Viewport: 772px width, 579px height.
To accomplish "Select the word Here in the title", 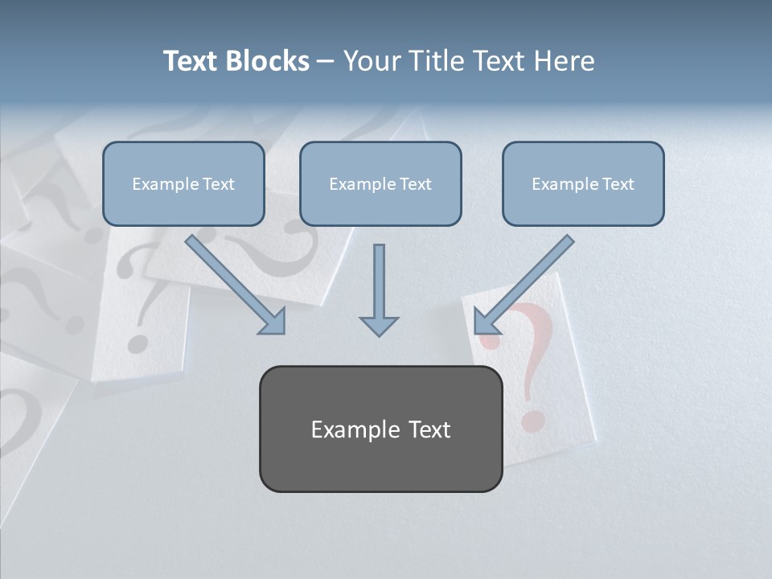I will (565, 61).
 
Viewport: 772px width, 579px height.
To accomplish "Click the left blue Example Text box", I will (183, 183).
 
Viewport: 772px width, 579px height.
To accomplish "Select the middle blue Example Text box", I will (380, 183).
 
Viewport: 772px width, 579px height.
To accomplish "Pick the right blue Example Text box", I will (583, 183).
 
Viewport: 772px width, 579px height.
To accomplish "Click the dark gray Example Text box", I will (380, 429).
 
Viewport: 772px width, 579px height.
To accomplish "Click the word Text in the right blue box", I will (618, 184).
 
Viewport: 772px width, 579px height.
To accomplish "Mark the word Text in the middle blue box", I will (415, 184).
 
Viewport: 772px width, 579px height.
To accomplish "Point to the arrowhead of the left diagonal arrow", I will (273, 322).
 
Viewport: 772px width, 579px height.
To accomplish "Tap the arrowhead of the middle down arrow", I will (379, 325).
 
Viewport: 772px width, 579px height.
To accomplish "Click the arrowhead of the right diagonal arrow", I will (486, 322).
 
